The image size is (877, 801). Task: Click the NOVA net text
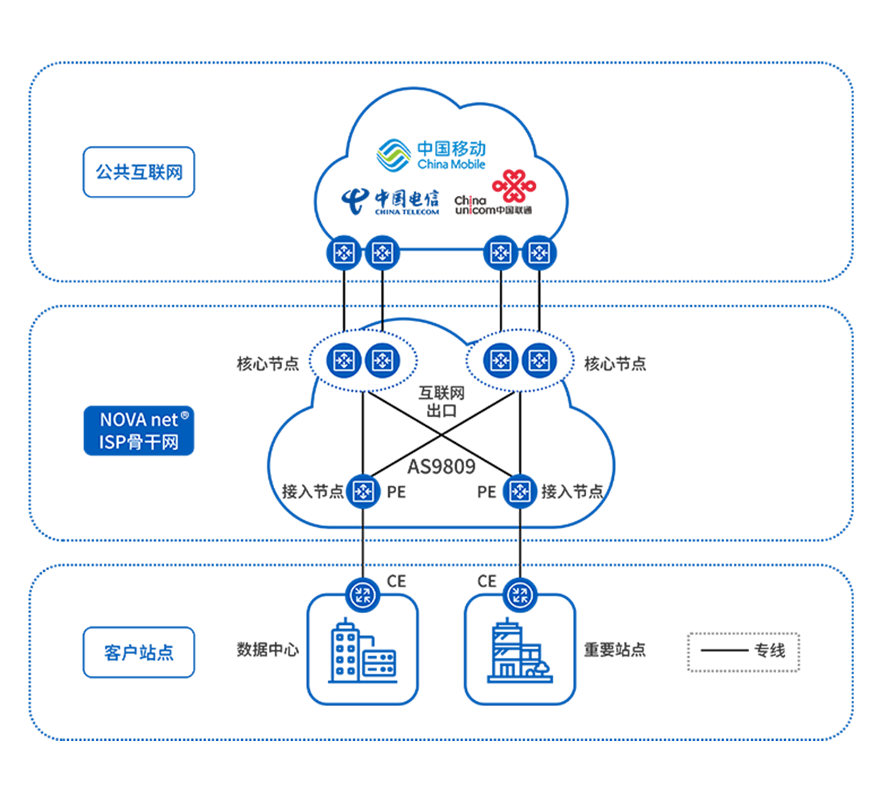pyautogui.click(x=139, y=420)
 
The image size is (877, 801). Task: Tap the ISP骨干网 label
pyautogui.click(x=139, y=442)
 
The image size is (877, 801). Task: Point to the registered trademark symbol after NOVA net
pyautogui.click(x=184, y=415)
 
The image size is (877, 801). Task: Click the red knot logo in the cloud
pyautogui.click(x=517, y=186)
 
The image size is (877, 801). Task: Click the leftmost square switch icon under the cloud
pyautogui.click(x=344, y=253)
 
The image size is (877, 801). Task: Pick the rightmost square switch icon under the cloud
pyautogui.click(x=539, y=253)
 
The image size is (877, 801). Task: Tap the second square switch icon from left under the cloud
pyautogui.click(x=382, y=253)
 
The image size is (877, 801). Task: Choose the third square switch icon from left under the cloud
pyautogui.click(x=501, y=253)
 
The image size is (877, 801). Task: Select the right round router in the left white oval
pyautogui.click(x=381, y=360)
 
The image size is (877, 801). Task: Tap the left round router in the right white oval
pyautogui.click(x=501, y=360)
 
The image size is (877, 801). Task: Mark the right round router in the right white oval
pyautogui.click(x=539, y=360)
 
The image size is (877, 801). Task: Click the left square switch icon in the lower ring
pyautogui.click(x=363, y=492)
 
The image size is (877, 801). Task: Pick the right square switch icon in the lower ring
pyautogui.click(x=520, y=492)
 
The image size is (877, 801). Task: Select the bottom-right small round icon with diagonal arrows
pyautogui.click(x=520, y=594)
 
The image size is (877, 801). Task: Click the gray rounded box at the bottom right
pyautogui.click(x=743, y=651)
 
